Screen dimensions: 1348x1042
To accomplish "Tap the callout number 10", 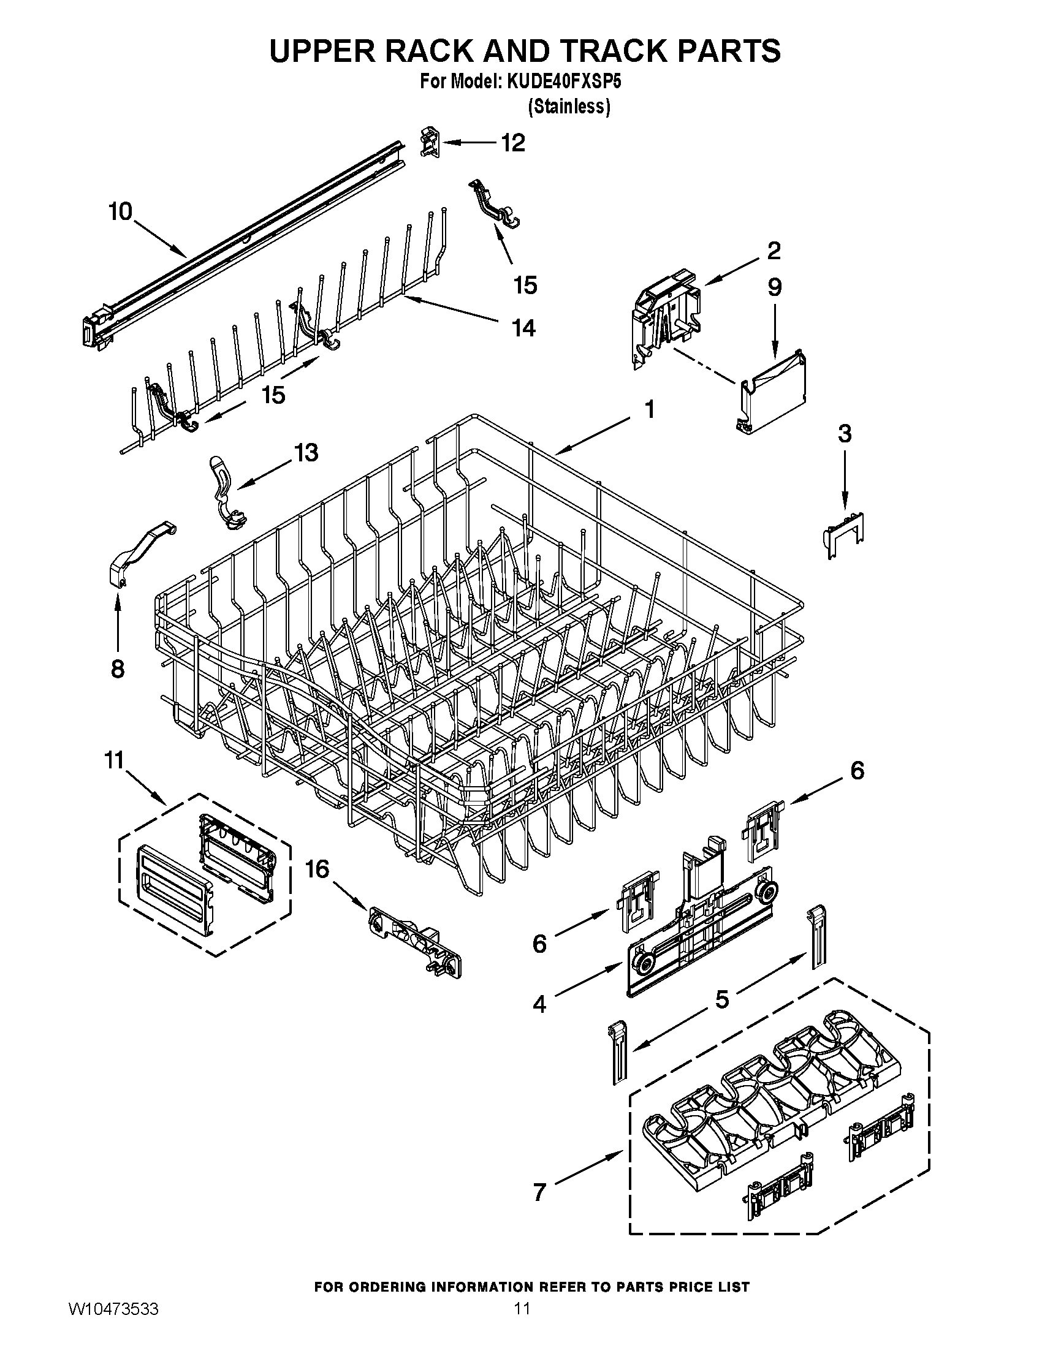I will coord(120,212).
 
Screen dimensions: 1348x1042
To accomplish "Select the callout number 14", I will coord(523,328).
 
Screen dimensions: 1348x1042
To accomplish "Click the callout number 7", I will coord(539,1192).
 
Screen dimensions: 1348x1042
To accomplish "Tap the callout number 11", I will coord(115,760).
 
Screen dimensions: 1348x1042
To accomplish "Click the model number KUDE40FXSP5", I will coord(563,82).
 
